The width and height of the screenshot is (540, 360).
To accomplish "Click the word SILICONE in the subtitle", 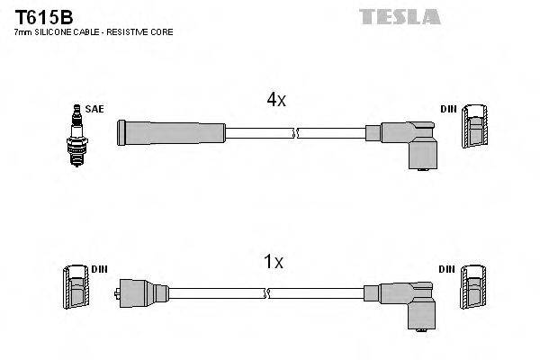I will (x=56, y=32).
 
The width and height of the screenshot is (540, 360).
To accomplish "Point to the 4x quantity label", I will (x=275, y=102).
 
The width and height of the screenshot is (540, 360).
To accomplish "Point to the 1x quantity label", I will (x=273, y=262).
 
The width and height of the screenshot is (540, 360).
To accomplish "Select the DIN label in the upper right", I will (x=448, y=109).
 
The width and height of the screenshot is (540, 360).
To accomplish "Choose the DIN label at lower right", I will (x=448, y=269).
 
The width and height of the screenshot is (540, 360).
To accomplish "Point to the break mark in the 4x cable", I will (x=295, y=133).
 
